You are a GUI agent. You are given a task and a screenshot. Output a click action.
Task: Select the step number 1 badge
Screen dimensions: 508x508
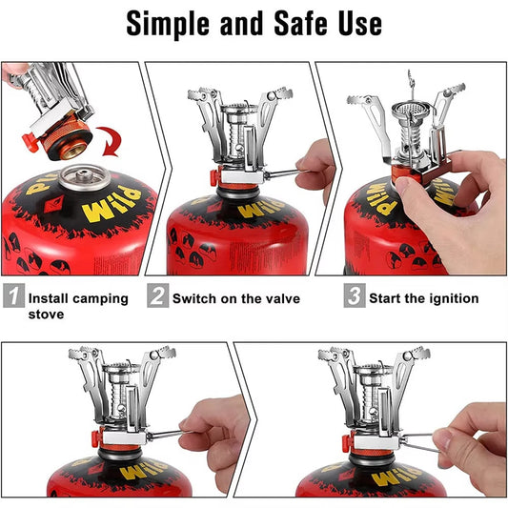pyautogui.click(x=12, y=297)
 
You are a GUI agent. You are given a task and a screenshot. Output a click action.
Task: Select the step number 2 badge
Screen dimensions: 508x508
pyautogui.click(x=158, y=297)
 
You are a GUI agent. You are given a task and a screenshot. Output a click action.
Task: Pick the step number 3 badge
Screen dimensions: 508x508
pyautogui.click(x=354, y=297)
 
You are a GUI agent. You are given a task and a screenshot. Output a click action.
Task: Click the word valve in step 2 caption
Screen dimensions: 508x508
pyautogui.click(x=280, y=299)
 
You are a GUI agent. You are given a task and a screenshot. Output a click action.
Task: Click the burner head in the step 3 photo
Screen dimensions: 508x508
pyautogui.click(x=412, y=113)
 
